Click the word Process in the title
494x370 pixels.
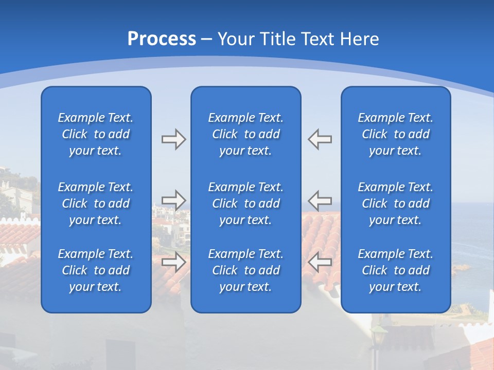coord(162,39)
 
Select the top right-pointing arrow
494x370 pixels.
coord(173,139)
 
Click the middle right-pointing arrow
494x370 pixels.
coord(173,200)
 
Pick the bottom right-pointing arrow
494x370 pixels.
coord(173,262)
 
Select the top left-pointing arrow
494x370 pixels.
coord(320,139)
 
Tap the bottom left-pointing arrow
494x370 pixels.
coord(320,262)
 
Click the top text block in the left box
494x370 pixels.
coord(96,134)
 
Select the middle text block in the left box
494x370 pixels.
coord(96,203)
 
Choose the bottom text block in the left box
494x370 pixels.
coord(96,270)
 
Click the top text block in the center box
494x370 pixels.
coord(245,134)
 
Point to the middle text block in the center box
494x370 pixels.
coord(245,203)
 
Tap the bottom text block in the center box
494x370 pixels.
coord(245,270)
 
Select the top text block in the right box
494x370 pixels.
coord(395,134)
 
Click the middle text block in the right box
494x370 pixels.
coord(395,203)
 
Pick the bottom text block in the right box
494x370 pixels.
coord(395,270)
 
